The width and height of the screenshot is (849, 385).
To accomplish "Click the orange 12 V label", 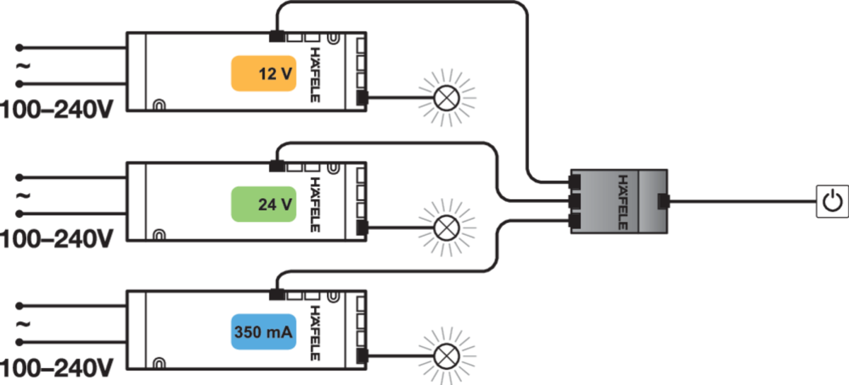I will [265, 74].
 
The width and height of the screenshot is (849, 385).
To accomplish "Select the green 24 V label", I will [265, 205].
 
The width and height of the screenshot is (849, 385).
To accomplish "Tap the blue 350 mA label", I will [263, 331].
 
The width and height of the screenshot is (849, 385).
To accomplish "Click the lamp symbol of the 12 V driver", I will [446, 98].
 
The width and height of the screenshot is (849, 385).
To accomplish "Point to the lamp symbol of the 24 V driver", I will [446, 228].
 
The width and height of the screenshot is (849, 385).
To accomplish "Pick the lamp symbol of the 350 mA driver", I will [446, 355].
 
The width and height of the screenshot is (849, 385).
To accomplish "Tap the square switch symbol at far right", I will [830, 201].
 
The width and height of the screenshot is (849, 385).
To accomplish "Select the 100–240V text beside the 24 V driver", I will [57, 240].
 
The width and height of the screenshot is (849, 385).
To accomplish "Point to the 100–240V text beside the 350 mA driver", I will [57, 368].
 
